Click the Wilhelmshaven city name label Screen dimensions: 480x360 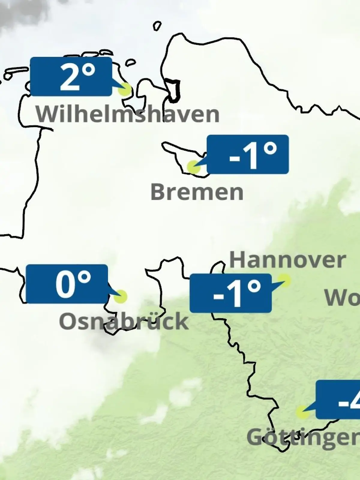127,114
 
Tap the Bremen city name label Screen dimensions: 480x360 197,192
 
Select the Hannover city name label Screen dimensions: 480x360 287,260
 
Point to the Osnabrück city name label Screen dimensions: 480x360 124,321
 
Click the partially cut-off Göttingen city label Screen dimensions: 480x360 303,437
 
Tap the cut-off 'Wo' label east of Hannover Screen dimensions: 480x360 342,298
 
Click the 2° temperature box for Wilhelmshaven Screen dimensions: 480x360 71,76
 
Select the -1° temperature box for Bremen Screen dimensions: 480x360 248,154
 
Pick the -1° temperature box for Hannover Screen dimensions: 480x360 230,293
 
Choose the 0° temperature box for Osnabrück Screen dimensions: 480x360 67,284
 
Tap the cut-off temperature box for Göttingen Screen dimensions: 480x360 338,400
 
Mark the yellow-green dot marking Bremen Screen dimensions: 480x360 193,167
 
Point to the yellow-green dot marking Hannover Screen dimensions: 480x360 284,280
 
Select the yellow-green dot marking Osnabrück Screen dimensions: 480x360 121,296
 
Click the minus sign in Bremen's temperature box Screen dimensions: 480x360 235,157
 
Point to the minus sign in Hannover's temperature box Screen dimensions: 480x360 218,296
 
